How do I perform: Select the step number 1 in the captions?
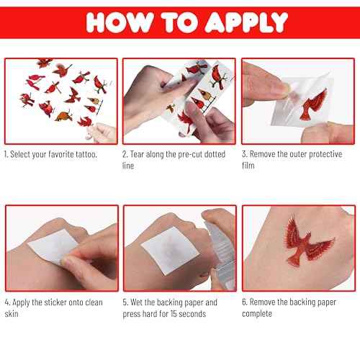click(x=6, y=155)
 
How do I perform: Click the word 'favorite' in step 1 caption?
click(x=66, y=155)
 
